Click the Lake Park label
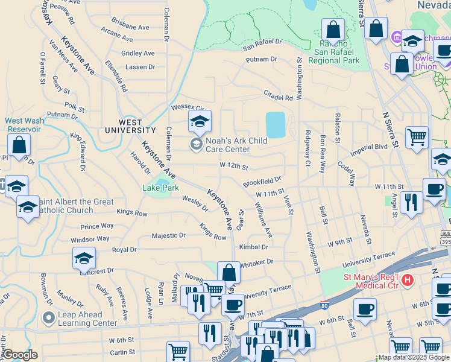point(160,188)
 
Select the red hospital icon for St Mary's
point(408,280)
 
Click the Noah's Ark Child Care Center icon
point(196,144)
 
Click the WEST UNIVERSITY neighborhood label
point(130,125)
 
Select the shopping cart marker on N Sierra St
point(417,138)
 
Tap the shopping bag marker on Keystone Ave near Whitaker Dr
point(229,273)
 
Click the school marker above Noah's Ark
point(200,121)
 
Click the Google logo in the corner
point(20,355)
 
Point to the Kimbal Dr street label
point(253,247)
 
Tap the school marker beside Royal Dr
point(84,259)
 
